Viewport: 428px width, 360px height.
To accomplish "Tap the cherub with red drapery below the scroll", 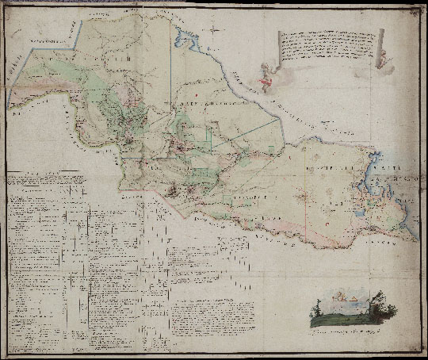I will click(267, 77).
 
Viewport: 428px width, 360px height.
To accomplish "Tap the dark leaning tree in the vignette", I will click(378, 303).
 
